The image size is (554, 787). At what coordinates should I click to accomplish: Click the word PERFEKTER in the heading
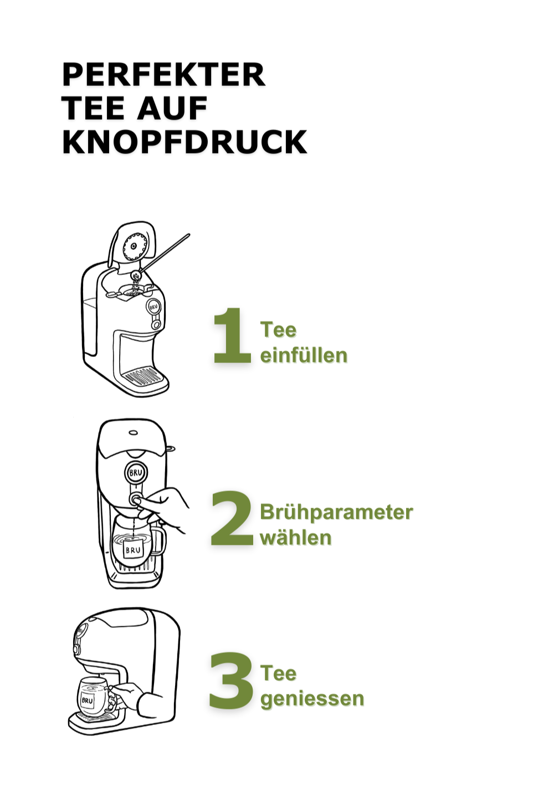pyautogui.click(x=163, y=74)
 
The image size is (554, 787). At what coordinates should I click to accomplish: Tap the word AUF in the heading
pyautogui.click(x=172, y=108)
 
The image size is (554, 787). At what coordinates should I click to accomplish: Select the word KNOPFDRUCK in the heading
pyautogui.click(x=184, y=141)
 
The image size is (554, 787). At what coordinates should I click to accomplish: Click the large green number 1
pyautogui.click(x=232, y=335)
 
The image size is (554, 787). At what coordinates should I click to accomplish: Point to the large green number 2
pyautogui.click(x=232, y=518)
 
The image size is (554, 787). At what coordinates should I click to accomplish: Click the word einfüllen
pyautogui.click(x=304, y=355)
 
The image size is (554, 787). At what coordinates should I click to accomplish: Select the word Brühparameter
pyautogui.click(x=336, y=513)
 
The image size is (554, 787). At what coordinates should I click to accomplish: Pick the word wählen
pyautogui.click(x=296, y=538)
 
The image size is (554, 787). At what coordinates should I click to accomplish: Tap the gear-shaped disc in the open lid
pyautogui.click(x=135, y=246)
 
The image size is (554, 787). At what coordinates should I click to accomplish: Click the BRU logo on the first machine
pyautogui.click(x=154, y=306)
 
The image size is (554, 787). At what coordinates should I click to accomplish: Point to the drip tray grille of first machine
pyautogui.click(x=145, y=374)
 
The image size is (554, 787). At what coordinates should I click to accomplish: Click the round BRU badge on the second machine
pyautogui.click(x=136, y=473)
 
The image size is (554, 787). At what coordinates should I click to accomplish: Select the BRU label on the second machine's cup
pyautogui.click(x=133, y=549)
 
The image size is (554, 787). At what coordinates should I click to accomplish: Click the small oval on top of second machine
pyautogui.click(x=133, y=433)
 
